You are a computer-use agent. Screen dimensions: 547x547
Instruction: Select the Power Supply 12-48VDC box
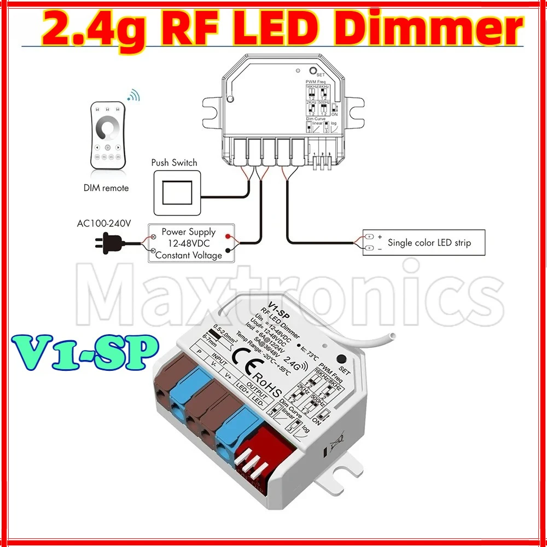click(x=189, y=243)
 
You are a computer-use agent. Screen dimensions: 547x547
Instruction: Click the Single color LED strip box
click(x=424, y=242)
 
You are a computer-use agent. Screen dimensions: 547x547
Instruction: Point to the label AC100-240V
click(x=104, y=223)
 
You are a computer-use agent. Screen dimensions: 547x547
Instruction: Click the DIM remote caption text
click(x=106, y=188)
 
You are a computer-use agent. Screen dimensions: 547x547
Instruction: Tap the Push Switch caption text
click(x=174, y=162)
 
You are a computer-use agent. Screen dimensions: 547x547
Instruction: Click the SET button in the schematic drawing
click(x=313, y=71)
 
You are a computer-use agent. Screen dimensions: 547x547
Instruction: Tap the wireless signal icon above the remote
click(x=133, y=96)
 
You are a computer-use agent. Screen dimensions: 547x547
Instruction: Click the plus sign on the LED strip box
click(x=380, y=236)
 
